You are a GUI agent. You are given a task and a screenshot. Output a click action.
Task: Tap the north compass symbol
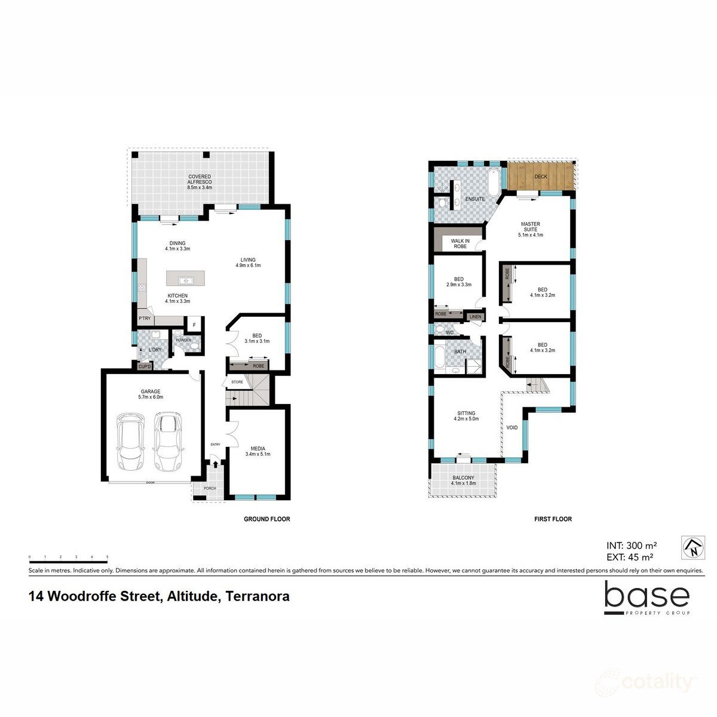click(693, 547)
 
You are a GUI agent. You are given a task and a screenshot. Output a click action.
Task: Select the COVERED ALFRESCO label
click(200, 182)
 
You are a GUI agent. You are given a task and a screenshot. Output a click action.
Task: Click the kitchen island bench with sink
click(185, 279)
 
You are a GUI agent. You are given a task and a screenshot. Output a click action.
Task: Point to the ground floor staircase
click(248, 391)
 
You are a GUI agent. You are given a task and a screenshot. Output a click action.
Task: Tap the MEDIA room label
click(258, 451)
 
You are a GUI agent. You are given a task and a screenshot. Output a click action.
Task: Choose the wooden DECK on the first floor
click(541, 176)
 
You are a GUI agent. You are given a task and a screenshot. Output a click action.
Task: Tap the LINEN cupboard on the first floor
click(476, 317)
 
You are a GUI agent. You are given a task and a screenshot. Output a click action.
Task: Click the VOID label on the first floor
click(512, 428)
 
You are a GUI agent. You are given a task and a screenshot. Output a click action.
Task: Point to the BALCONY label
click(463, 480)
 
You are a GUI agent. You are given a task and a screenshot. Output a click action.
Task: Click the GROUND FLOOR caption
click(266, 519)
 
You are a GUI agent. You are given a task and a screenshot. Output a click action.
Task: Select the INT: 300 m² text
click(632, 545)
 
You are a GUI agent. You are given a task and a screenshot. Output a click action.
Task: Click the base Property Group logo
click(646, 598)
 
